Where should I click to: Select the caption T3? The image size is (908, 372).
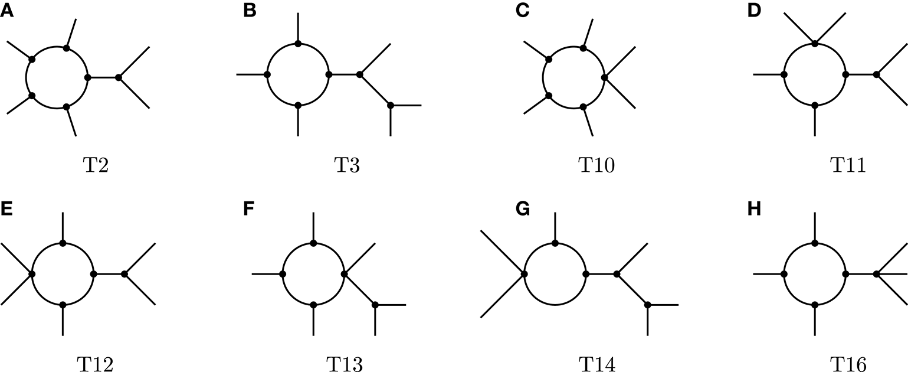pos(345,166)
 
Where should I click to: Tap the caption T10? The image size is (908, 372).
pos(596,166)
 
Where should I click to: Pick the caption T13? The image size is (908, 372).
pos(345,366)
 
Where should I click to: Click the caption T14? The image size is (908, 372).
pos(596,366)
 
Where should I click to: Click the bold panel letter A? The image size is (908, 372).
pos(6,11)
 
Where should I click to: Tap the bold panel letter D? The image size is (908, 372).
pos(753,11)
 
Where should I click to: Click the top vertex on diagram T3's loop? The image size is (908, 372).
pos(298,44)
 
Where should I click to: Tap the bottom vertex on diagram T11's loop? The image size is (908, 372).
pos(815,105)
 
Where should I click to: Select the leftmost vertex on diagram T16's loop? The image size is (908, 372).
pos(784,274)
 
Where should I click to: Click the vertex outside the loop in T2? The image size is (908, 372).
pos(119,77)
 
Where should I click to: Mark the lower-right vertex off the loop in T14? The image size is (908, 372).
pos(648,305)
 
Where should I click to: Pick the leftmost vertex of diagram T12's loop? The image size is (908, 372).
pos(32,274)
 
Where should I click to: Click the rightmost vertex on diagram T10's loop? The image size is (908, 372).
pos(604,77)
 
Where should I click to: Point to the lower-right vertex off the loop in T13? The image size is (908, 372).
pos(375,305)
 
